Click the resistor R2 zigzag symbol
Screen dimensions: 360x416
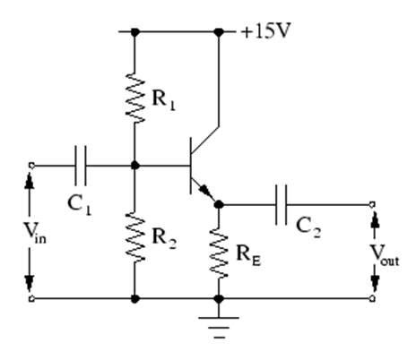pyautogui.click(x=134, y=236)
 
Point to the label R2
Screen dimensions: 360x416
pyautogui.click(x=163, y=237)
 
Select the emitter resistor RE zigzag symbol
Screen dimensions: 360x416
pyautogui.click(x=218, y=253)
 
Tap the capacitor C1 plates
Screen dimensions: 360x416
pyautogui.click(x=80, y=165)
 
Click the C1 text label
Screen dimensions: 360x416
pyautogui.click(x=80, y=201)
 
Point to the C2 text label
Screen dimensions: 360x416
pyautogui.click(x=309, y=229)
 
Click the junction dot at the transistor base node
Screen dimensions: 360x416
pyautogui.click(x=134, y=165)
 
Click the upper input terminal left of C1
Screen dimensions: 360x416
pyautogui.click(x=31, y=165)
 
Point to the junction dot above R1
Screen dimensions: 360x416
pyautogui.click(x=134, y=31)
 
